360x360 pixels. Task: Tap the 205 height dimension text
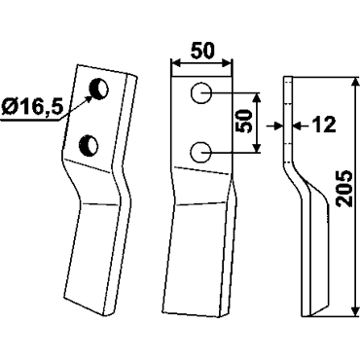343,188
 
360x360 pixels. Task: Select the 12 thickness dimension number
320,125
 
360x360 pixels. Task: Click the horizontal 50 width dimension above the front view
202,51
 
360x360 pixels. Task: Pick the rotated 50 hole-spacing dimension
245,122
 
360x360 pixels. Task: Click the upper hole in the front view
201,93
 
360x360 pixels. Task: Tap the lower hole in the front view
201,152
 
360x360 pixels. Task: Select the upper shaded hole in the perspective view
99,89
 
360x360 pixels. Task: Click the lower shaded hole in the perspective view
89,146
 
